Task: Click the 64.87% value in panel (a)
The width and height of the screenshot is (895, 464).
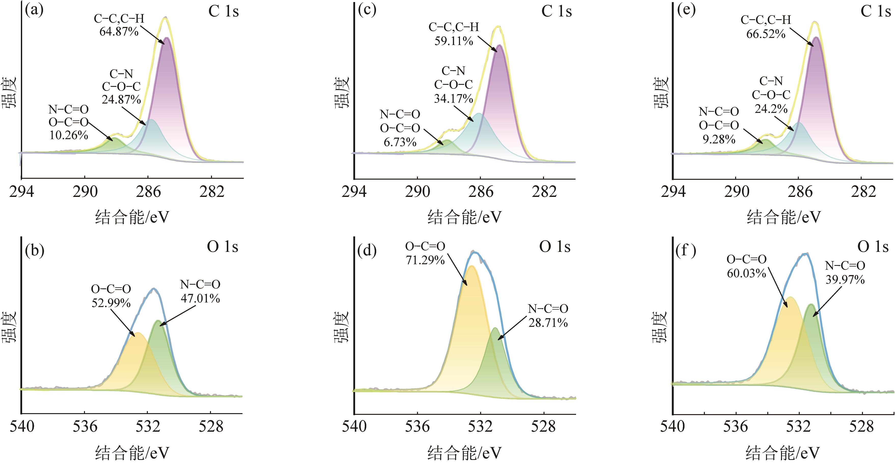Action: [x=119, y=32]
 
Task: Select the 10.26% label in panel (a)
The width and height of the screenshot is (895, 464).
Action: [x=68, y=135]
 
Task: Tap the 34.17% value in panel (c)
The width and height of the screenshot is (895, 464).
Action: [x=453, y=99]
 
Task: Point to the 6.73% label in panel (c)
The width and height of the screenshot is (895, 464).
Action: [x=400, y=142]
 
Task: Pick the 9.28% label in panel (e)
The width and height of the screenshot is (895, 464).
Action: [x=719, y=139]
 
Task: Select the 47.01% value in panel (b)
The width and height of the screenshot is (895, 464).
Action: [x=200, y=298]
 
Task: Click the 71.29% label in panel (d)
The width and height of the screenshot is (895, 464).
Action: [x=425, y=260]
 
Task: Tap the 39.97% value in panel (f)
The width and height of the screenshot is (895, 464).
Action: [x=845, y=280]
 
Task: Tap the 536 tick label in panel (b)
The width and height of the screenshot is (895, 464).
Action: [x=85, y=427]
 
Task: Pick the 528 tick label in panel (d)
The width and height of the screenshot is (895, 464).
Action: [x=543, y=427]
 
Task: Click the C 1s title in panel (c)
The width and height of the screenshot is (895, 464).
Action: [x=556, y=11]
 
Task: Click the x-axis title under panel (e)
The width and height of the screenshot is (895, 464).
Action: [x=784, y=217]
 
